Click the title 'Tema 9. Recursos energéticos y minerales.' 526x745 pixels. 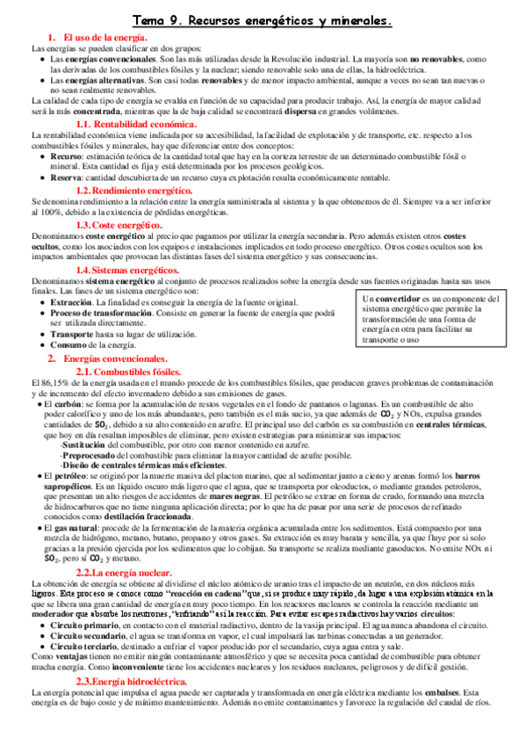263,18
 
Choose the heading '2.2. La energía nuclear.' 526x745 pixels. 131,548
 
